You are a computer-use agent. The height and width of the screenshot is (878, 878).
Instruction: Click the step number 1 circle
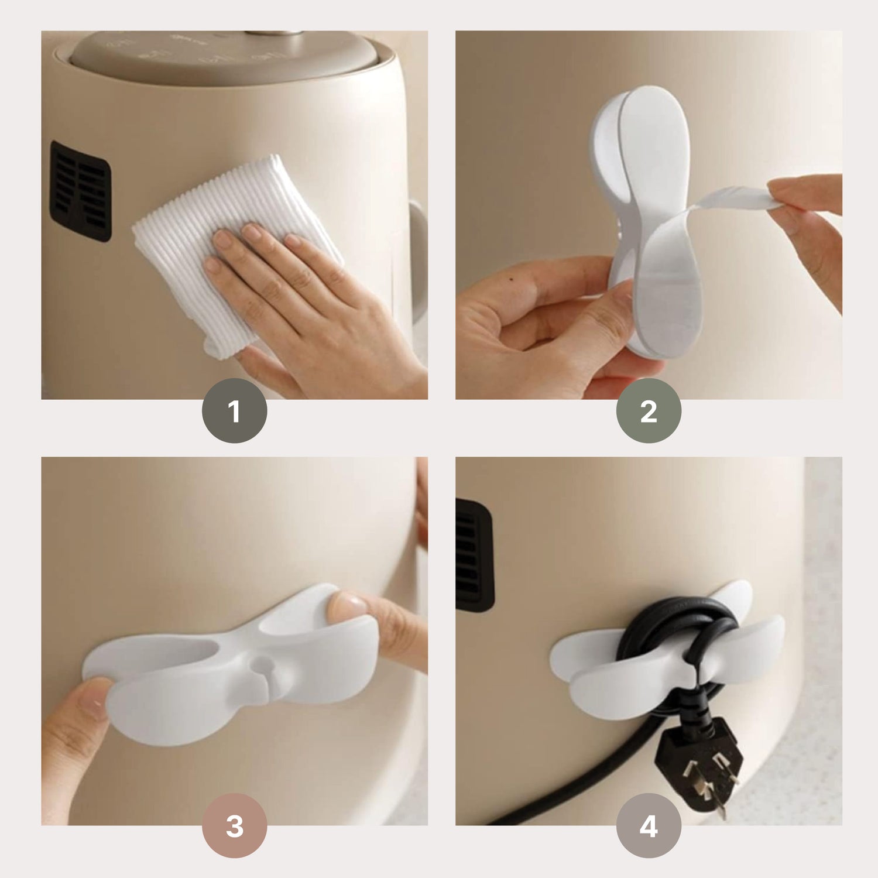[234, 410]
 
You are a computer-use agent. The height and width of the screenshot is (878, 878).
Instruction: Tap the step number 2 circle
[649, 410]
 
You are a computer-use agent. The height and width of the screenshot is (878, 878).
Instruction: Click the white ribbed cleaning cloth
[234, 246]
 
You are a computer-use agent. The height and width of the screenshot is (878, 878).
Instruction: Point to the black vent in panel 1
[80, 191]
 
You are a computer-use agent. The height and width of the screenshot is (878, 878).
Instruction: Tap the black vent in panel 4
[475, 555]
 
